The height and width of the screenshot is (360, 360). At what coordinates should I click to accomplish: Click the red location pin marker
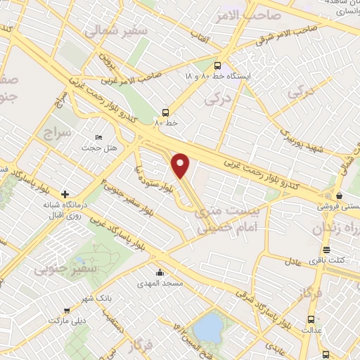pyautogui.click(x=181, y=165)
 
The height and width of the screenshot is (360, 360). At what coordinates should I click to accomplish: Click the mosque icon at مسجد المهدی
pyautogui.click(x=161, y=272)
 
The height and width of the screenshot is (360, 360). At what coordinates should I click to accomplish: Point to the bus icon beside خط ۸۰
pyautogui.click(x=165, y=112)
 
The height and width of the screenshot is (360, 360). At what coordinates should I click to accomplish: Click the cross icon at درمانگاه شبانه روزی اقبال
pyautogui.click(x=65, y=194)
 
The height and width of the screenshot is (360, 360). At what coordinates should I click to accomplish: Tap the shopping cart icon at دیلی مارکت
pyautogui.click(x=67, y=310)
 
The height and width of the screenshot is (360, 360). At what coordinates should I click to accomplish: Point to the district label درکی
pyautogui.click(x=217, y=100)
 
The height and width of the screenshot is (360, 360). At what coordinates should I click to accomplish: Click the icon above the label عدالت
pyautogui.click(x=310, y=319)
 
